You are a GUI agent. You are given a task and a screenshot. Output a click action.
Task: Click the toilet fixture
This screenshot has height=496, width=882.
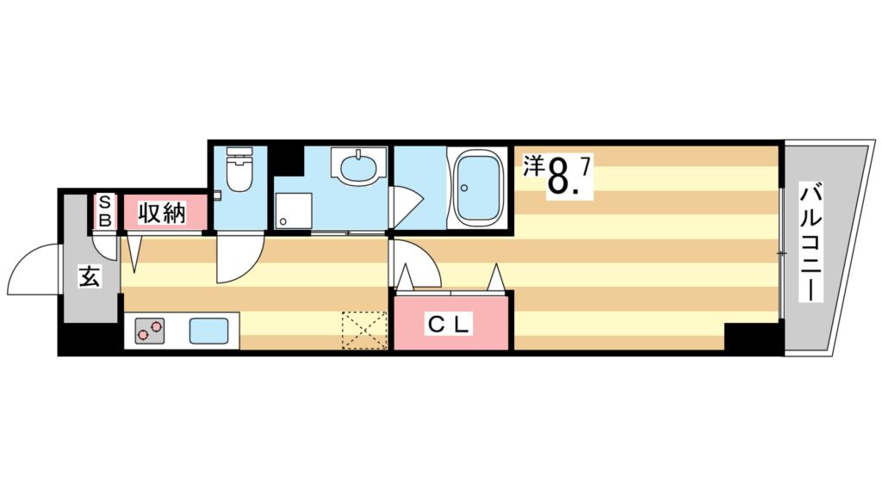click(x=239, y=172)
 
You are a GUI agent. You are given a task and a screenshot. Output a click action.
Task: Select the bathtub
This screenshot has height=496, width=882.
click(x=478, y=187)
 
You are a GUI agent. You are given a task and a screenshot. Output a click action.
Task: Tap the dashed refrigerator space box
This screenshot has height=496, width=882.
click(x=362, y=330)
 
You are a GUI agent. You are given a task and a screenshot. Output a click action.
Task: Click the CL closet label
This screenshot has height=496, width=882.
click(x=449, y=325)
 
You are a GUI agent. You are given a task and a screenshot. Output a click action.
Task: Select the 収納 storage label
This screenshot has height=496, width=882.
click(x=163, y=212)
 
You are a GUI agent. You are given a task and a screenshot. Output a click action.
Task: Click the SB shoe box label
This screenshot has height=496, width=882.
click(x=104, y=212)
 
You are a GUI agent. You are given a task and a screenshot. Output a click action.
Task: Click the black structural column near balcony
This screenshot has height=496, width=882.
click(x=752, y=338)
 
